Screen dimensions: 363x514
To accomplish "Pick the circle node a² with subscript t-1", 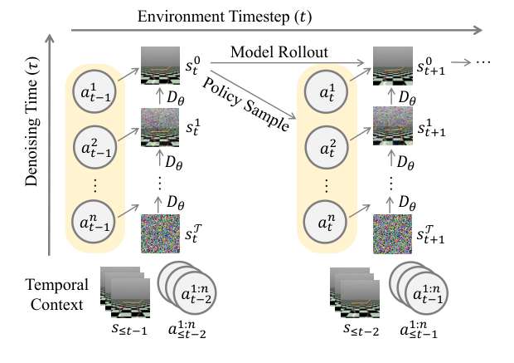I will coord(95,150).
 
